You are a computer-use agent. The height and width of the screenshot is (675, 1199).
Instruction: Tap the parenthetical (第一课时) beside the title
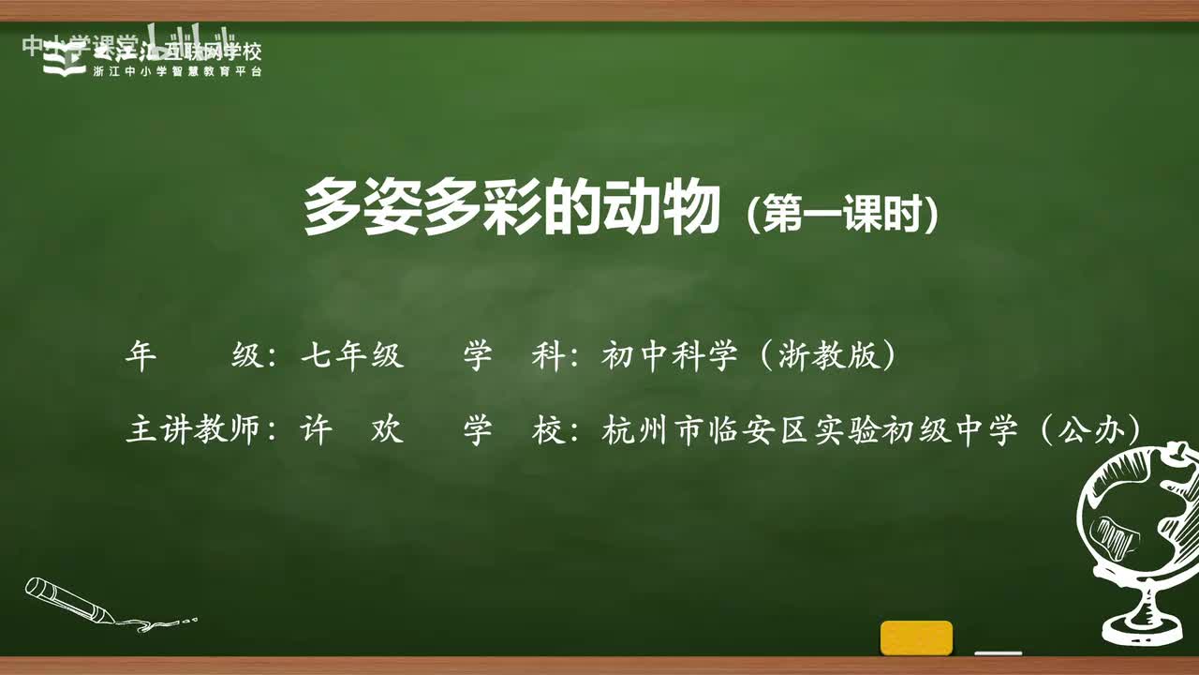(x=842, y=214)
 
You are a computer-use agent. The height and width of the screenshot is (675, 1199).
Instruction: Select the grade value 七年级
(x=352, y=356)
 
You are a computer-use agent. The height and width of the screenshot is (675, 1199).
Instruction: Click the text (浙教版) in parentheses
(x=825, y=356)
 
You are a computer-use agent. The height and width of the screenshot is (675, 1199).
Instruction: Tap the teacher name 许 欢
(x=352, y=430)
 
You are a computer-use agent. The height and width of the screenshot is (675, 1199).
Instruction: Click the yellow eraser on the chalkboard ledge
(x=916, y=637)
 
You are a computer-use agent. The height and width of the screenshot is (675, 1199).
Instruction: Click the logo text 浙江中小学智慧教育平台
(x=178, y=72)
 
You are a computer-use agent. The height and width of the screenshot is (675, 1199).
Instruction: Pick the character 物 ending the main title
(x=691, y=209)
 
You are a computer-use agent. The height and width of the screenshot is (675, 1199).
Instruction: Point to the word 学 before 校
(x=477, y=430)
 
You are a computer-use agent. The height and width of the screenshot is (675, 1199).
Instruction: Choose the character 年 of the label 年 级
(x=140, y=356)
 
